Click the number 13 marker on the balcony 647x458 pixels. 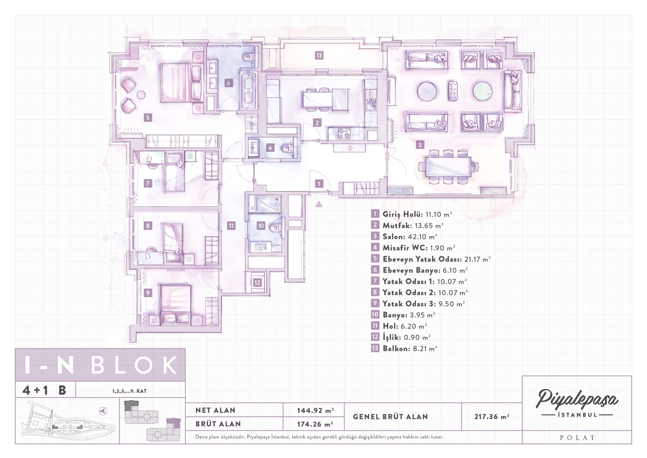319,55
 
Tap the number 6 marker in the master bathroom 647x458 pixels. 228,83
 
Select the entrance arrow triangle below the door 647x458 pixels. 319,204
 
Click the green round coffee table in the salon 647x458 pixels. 482,91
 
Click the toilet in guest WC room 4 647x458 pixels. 287,148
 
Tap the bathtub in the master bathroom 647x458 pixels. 248,91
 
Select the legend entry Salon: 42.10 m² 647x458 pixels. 410,237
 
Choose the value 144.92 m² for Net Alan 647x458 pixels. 315,410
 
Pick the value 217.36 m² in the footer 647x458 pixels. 492,417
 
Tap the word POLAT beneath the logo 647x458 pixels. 577,438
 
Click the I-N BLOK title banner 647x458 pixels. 100,365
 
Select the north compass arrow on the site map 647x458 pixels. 103,411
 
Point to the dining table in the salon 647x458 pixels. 448,167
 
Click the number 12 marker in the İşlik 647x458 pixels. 257,282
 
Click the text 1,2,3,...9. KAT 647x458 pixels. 129,391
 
